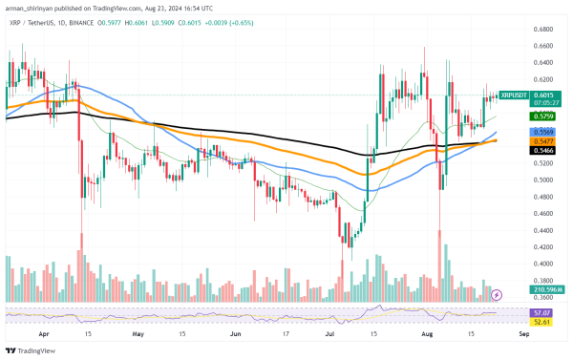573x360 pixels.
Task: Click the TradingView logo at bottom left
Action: click(x=32, y=350)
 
